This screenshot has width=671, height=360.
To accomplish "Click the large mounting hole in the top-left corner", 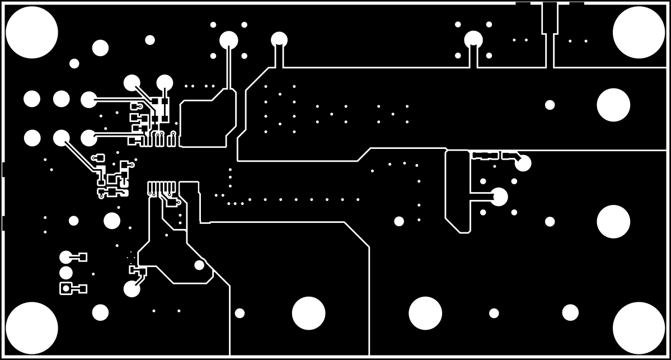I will tap(32, 32).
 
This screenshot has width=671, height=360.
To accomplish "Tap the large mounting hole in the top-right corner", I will tap(639, 32).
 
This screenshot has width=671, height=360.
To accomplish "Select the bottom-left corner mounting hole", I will tap(32, 328).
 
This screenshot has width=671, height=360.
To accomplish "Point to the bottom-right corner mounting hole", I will tap(639, 328).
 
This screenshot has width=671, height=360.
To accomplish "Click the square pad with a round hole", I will tap(66, 288).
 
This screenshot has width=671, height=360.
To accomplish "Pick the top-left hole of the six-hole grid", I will tap(32, 99).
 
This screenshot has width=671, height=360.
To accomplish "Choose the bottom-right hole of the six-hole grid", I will tap(89, 138).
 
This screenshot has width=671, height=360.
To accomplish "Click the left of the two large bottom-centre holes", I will tap(308, 313).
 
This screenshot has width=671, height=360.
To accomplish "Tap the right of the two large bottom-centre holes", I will tap(425, 313).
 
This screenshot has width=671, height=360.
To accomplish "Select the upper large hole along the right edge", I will tap(613, 105).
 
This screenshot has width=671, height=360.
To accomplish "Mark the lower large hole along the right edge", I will tap(613, 222).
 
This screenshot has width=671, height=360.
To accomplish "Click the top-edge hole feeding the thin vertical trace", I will tap(228, 40).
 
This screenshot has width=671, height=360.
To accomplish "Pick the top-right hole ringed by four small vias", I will tap(473, 40).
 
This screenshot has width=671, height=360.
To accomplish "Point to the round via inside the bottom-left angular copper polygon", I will tap(199, 265).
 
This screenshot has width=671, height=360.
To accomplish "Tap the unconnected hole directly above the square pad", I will tap(66, 273).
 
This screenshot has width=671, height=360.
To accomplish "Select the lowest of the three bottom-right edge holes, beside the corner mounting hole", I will tap(570, 312).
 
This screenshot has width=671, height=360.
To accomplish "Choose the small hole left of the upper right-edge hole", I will tap(550, 105).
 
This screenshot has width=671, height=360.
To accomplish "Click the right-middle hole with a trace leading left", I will tap(499, 197).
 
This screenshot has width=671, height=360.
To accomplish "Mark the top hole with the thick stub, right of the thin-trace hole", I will tap(279, 40).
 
